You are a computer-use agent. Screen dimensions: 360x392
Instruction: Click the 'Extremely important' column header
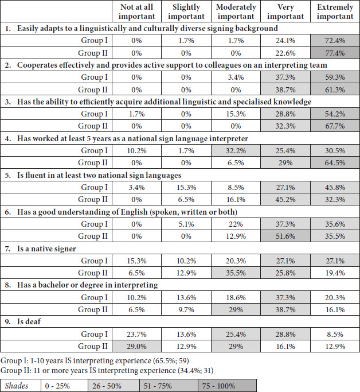click(335, 11)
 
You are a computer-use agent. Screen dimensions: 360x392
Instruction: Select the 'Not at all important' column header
click(136, 11)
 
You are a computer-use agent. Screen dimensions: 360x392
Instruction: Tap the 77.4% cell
click(335, 53)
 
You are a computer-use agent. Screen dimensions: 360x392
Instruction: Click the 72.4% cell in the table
click(335, 41)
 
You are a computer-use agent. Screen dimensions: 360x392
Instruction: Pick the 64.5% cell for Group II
click(335, 163)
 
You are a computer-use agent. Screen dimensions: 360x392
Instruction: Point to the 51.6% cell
click(285, 236)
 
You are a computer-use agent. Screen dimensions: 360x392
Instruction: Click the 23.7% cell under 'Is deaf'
click(136, 334)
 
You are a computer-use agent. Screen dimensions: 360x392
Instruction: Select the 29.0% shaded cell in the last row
click(136, 347)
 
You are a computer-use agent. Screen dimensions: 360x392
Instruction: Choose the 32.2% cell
click(236, 151)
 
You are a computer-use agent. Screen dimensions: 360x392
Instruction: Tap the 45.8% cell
click(335, 188)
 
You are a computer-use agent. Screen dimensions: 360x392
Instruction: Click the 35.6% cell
click(335, 224)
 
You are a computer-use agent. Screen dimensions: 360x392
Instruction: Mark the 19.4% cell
click(335, 273)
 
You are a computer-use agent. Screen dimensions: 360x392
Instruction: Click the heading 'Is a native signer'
click(46, 249)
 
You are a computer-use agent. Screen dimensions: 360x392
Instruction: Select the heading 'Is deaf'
click(29, 321)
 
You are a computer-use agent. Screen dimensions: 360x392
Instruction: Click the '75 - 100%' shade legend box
click(227, 386)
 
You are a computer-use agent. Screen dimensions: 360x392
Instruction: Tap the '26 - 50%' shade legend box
click(114, 386)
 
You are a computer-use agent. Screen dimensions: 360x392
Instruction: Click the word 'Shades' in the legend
click(17, 386)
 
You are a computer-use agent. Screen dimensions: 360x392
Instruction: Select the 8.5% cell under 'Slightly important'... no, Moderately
click(236, 188)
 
